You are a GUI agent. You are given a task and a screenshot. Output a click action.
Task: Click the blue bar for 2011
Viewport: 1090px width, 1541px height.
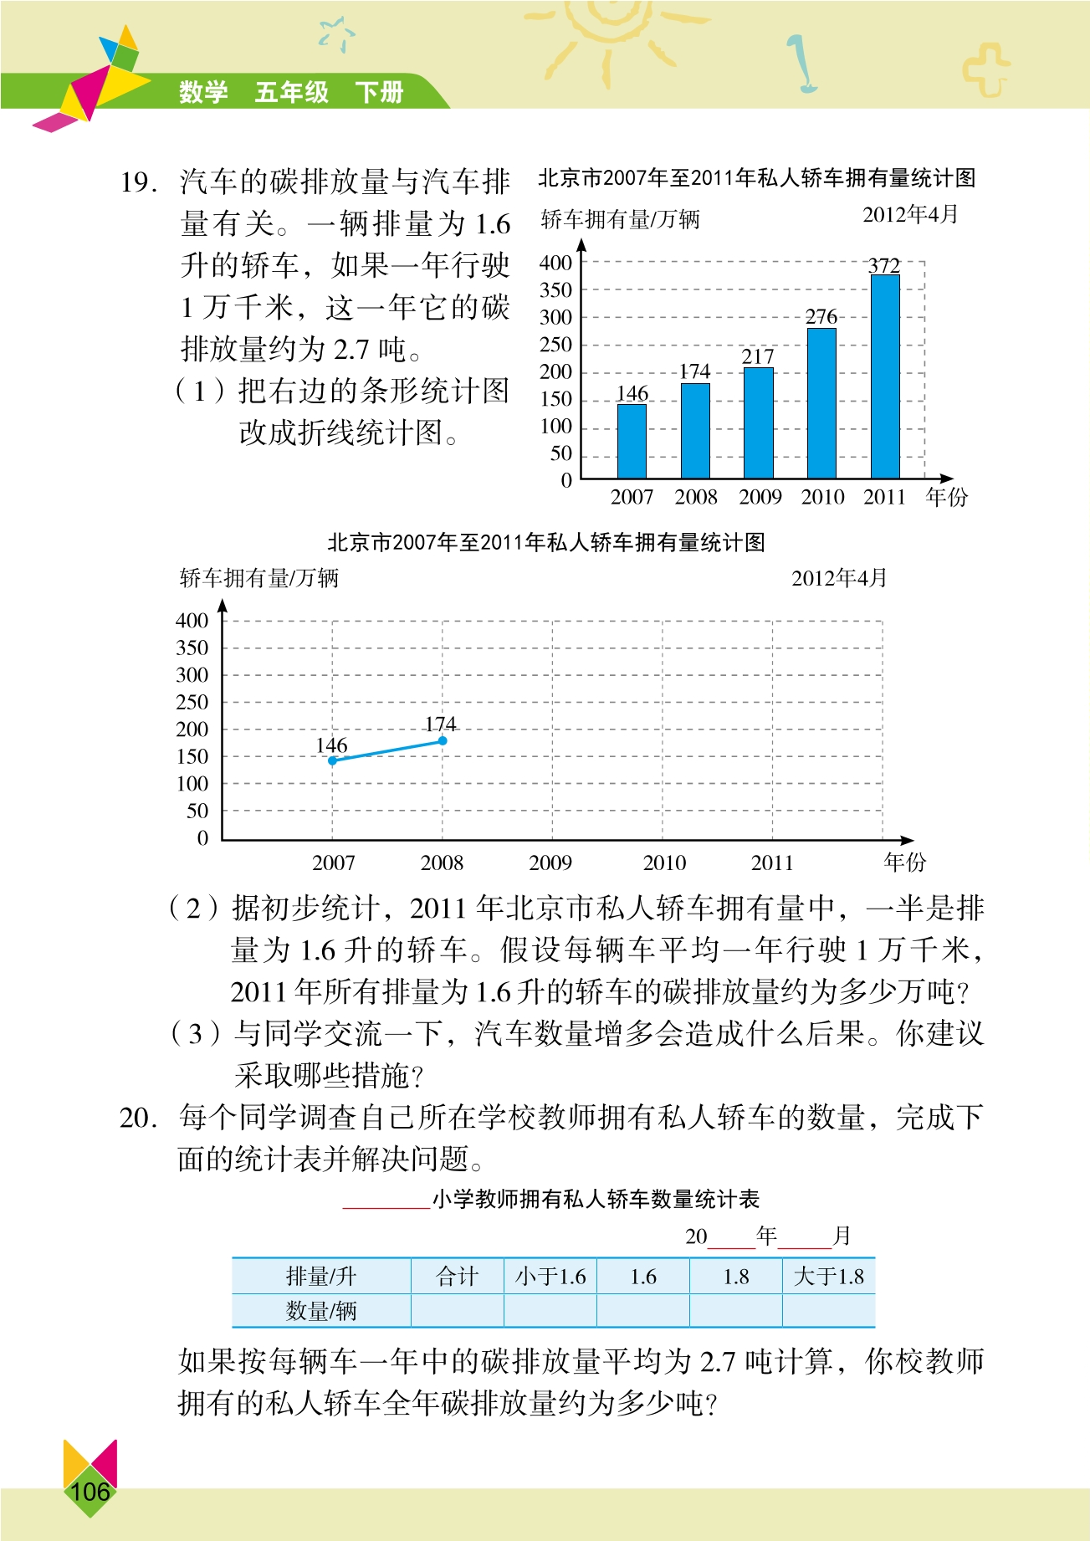(x=885, y=376)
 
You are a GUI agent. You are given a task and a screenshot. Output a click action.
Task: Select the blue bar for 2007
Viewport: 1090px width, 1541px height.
(x=632, y=441)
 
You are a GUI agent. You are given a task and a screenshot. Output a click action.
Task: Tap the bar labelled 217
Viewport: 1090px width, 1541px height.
(x=759, y=422)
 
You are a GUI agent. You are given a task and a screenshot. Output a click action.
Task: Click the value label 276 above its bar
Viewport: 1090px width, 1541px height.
(x=821, y=317)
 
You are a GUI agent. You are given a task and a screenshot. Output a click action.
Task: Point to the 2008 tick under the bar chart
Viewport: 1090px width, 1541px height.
(x=696, y=497)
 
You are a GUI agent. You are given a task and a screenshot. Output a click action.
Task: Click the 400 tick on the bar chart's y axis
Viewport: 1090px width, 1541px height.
(x=555, y=264)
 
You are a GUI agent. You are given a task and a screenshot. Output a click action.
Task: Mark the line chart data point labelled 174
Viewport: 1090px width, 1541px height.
(x=443, y=740)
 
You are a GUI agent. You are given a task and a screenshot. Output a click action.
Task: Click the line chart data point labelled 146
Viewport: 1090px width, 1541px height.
(x=333, y=760)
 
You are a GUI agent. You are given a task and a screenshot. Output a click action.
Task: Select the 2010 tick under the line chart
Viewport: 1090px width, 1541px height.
(x=664, y=863)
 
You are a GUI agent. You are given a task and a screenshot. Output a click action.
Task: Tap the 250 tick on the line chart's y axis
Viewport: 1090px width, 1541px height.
(x=192, y=703)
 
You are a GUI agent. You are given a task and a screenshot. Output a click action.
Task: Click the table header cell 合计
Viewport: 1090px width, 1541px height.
(x=457, y=1277)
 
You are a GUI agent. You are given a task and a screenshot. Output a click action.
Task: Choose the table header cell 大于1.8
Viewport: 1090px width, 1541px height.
(x=828, y=1277)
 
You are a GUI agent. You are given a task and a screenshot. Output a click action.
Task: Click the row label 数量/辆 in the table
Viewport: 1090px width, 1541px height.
(x=321, y=1311)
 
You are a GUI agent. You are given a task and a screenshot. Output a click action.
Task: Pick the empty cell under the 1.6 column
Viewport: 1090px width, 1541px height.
(x=642, y=1311)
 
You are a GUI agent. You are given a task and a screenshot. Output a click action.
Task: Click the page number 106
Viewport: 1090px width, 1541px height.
(x=90, y=1492)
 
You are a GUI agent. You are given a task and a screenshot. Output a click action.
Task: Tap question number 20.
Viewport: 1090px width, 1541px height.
(x=138, y=1118)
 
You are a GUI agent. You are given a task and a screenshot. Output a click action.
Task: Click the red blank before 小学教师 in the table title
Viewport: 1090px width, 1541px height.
(x=386, y=1202)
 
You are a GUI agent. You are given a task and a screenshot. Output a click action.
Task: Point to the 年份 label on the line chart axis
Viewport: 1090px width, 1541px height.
(x=905, y=862)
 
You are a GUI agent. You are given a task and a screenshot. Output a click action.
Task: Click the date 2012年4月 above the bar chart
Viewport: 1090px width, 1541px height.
(x=910, y=215)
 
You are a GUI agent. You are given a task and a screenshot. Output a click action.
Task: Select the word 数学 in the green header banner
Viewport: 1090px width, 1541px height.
(x=203, y=91)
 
